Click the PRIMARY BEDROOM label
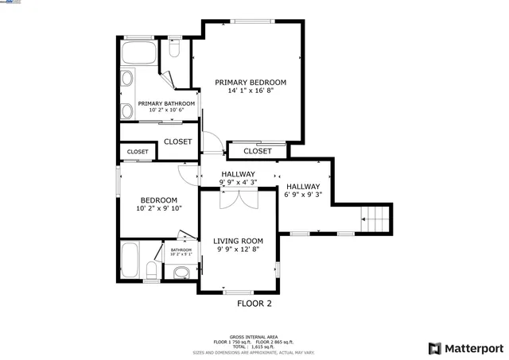(251, 82)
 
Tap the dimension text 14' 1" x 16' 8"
(251, 91)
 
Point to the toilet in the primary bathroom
(175, 50)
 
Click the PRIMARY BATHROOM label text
(166, 103)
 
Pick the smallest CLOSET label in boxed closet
(138, 151)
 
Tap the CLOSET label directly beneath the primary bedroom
(258, 151)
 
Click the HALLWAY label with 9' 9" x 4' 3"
(238, 174)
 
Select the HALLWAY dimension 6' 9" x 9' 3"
(303, 195)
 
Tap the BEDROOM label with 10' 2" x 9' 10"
(159, 200)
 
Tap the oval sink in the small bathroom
(181, 272)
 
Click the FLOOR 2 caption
(254, 304)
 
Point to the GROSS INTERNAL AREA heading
(254, 338)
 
